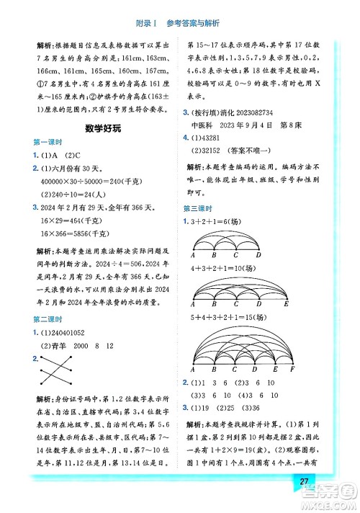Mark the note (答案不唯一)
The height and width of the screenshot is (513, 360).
click(x=267, y=153)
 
